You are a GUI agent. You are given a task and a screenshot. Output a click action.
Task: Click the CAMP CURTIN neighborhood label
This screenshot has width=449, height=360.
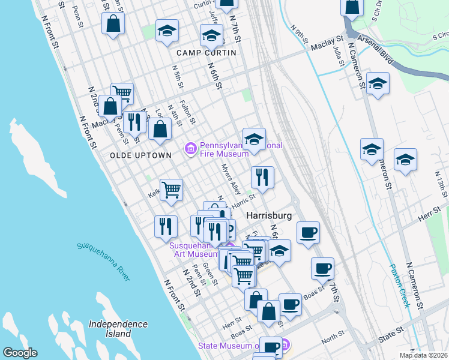(206, 53)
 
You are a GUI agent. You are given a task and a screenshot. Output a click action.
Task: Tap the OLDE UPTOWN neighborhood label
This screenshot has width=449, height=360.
(140, 155)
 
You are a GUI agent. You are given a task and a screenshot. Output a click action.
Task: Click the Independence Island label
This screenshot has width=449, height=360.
(118, 328)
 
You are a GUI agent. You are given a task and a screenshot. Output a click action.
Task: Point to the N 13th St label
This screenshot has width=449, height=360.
(442, 181)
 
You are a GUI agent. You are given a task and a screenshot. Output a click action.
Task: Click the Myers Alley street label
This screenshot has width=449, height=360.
(231, 179)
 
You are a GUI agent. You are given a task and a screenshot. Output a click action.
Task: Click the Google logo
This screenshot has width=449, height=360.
(20, 353)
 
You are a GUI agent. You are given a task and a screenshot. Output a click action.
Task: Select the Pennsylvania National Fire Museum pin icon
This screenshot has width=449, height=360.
(191, 147)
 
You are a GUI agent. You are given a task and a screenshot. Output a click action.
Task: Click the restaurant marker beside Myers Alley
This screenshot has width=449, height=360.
(262, 177)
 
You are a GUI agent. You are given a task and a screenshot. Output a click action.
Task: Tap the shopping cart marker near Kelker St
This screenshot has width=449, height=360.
(171, 190)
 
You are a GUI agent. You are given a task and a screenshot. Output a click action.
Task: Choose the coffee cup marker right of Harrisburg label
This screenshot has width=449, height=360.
(308, 233)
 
